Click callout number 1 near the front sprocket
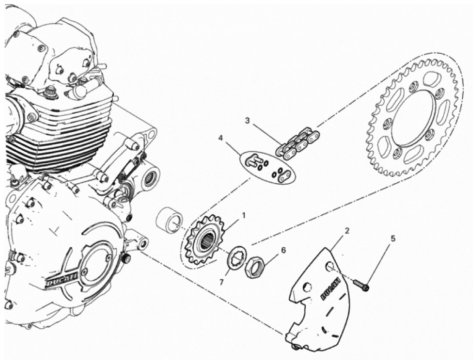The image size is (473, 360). [243, 216]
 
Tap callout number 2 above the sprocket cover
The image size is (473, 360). [347, 231]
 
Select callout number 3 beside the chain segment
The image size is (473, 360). [247, 121]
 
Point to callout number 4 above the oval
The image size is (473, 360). [220, 138]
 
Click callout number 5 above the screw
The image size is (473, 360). [392, 239]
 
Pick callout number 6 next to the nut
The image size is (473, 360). [283, 250]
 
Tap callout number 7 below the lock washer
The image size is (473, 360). [221, 283]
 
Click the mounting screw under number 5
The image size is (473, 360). [361, 285]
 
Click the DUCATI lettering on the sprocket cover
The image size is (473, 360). [330, 289]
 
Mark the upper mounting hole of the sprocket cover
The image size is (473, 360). [330, 267]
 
